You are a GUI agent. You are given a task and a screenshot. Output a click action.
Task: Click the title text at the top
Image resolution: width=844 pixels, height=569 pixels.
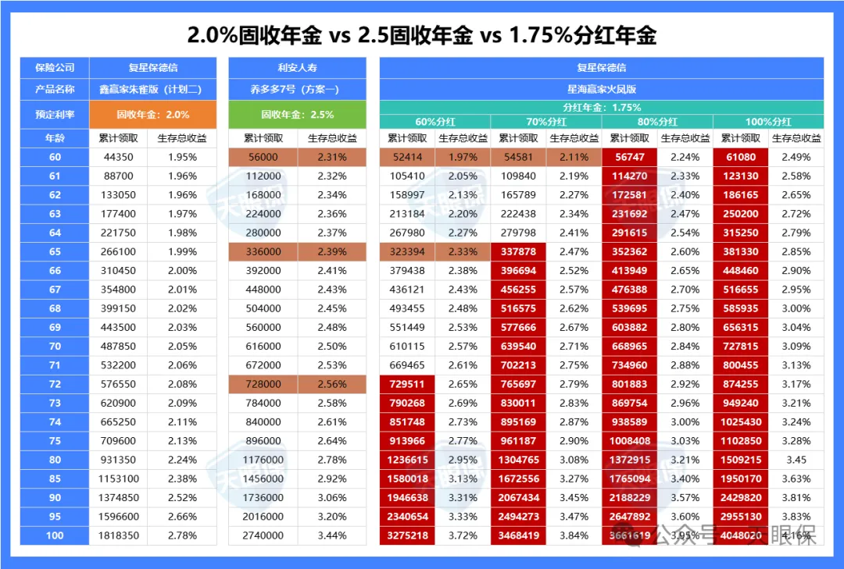click(421, 35)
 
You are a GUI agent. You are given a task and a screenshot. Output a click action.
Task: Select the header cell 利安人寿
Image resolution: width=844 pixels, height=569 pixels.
click(297, 68)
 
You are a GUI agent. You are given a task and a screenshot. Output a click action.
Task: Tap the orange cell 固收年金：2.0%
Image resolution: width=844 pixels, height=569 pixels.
click(153, 114)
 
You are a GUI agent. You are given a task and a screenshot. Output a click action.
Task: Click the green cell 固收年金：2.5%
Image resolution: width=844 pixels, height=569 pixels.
click(297, 114)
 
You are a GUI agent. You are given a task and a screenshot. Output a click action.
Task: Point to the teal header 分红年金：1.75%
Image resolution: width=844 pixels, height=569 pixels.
click(601, 108)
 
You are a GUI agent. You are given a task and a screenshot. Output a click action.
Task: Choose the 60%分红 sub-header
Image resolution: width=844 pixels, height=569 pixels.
click(435, 122)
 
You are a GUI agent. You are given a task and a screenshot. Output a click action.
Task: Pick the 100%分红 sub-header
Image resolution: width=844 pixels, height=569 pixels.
click(769, 122)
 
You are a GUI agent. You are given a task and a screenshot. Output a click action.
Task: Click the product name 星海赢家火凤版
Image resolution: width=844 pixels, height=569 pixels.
click(601, 89)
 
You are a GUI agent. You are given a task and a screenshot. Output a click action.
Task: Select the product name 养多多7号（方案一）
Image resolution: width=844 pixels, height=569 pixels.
click(297, 89)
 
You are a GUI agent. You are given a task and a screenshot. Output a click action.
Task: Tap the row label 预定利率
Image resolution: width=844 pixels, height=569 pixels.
click(55, 114)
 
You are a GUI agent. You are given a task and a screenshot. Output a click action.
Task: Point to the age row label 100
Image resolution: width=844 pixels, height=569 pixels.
click(55, 535)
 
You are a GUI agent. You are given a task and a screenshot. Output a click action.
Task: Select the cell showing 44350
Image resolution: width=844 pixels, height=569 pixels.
click(119, 157)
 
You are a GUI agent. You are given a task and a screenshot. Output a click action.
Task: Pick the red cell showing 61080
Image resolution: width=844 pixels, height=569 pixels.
click(741, 157)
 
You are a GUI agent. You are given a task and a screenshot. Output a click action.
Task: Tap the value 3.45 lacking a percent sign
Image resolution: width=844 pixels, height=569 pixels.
click(796, 460)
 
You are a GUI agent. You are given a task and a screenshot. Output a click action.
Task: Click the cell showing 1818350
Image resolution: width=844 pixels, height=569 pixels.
click(119, 535)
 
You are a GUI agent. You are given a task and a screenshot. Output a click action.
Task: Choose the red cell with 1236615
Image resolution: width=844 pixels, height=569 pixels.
click(407, 460)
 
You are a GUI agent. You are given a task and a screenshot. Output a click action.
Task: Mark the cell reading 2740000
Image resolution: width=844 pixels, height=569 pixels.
click(263, 535)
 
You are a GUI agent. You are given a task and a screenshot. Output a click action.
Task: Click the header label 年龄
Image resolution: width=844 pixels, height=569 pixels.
click(55, 138)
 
